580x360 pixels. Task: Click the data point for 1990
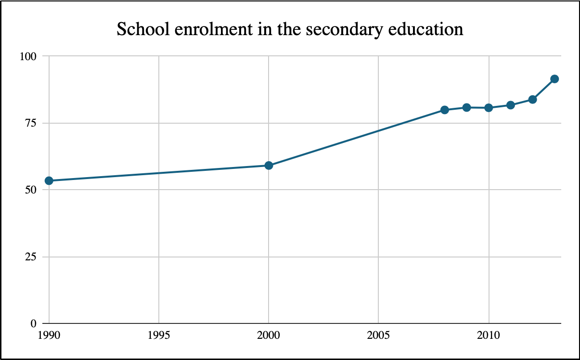(x=49, y=180)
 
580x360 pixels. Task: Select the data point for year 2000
(x=269, y=166)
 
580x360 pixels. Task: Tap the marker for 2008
(x=445, y=110)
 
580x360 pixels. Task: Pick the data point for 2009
(x=467, y=107)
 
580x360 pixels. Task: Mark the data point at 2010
(x=489, y=108)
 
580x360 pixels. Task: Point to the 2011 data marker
(x=511, y=105)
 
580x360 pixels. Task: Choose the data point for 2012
(x=533, y=99)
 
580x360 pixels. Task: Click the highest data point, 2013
(x=554, y=79)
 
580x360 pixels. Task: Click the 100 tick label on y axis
(x=28, y=56)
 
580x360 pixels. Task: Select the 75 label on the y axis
(x=31, y=123)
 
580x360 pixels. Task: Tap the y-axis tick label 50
(x=31, y=190)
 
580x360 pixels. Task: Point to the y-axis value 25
(x=31, y=257)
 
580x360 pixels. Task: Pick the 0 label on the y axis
(x=34, y=323)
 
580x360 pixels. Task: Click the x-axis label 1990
(x=49, y=334)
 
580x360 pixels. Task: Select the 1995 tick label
(x=159, y=334)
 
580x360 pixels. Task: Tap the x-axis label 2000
(x=269, y=334)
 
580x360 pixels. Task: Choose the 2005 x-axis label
(x=379, y=334)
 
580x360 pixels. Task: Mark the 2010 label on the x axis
(x=489, y=334)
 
